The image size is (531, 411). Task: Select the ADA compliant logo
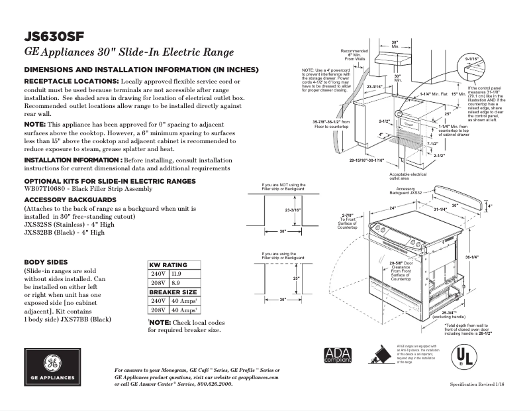pyautogui.click(x=338, y=357)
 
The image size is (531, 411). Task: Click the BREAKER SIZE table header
pyautogui.click(x=173, y=292)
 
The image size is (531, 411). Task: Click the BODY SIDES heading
pyautogui.click(x=44, y=262)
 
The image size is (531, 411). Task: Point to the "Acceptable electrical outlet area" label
pyautogui.click(x=409, y=176)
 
